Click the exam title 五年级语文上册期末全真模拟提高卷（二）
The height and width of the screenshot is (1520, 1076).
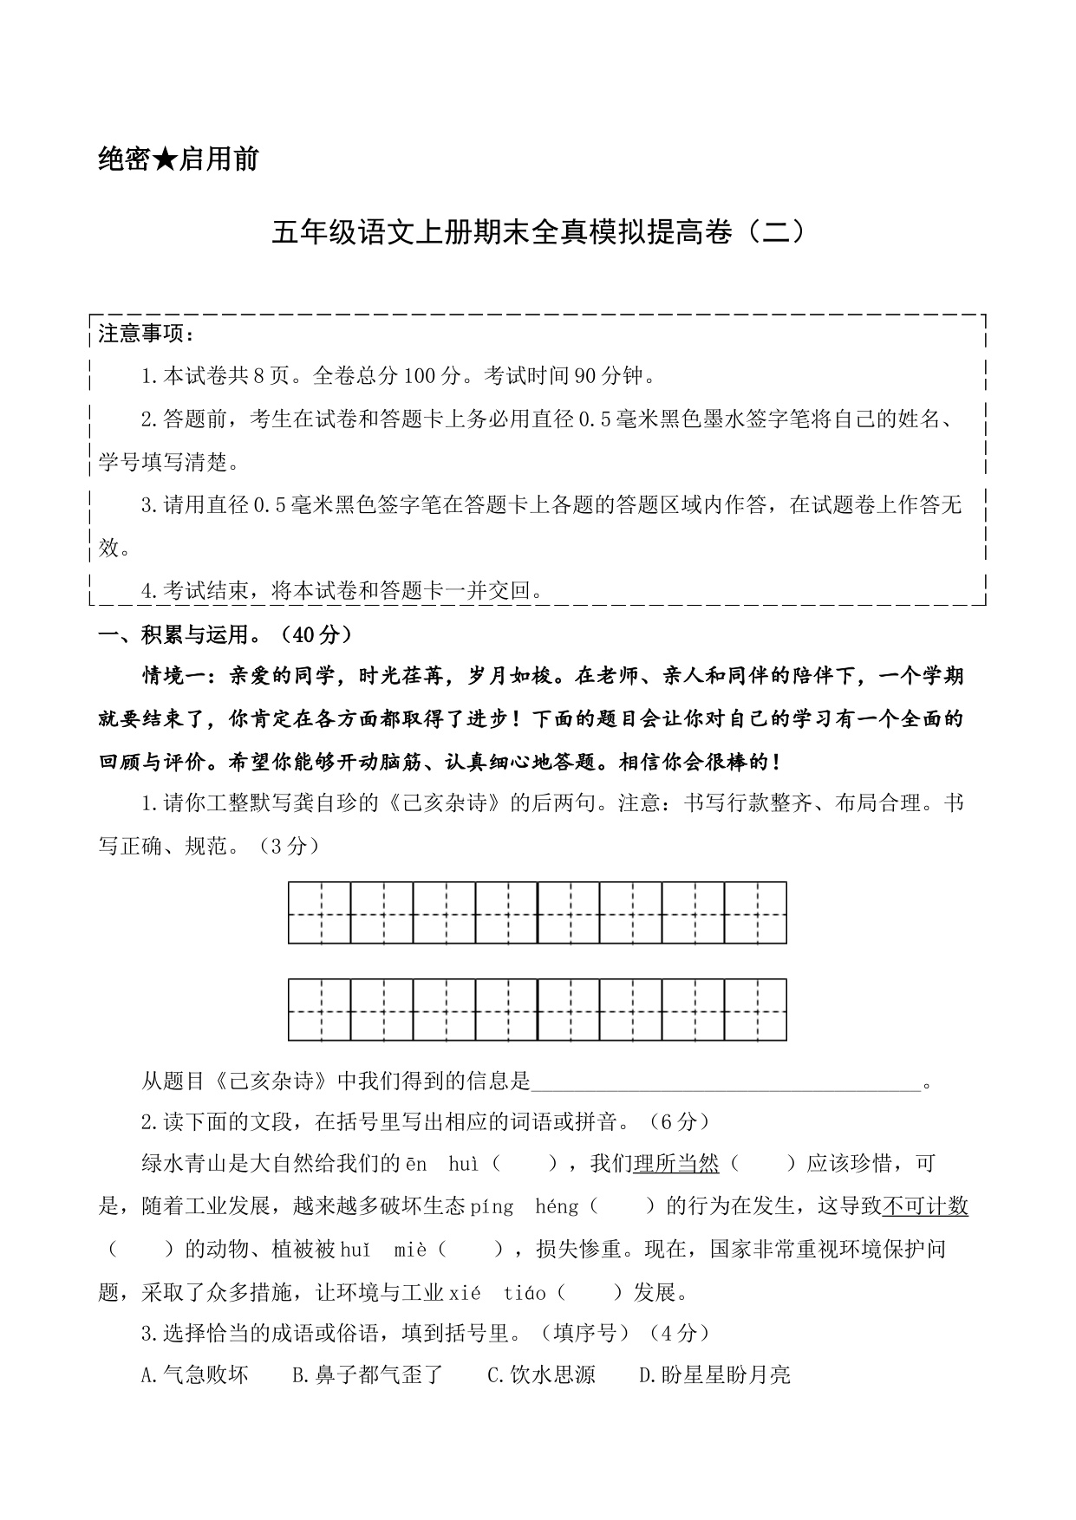[538, 233]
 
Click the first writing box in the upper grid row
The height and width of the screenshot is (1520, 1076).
[320, 913]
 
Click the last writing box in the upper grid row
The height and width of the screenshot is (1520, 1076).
[755, 913]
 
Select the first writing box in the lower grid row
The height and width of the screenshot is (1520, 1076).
[320, 1010]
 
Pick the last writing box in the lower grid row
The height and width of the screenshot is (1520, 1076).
[755, 1010]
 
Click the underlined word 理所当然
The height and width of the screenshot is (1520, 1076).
[676, 1164]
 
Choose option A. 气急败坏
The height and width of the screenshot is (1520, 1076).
[195, 1375]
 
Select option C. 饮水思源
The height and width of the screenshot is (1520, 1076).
[542, 1375]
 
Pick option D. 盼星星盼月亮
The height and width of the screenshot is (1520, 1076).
[715, 1375]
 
